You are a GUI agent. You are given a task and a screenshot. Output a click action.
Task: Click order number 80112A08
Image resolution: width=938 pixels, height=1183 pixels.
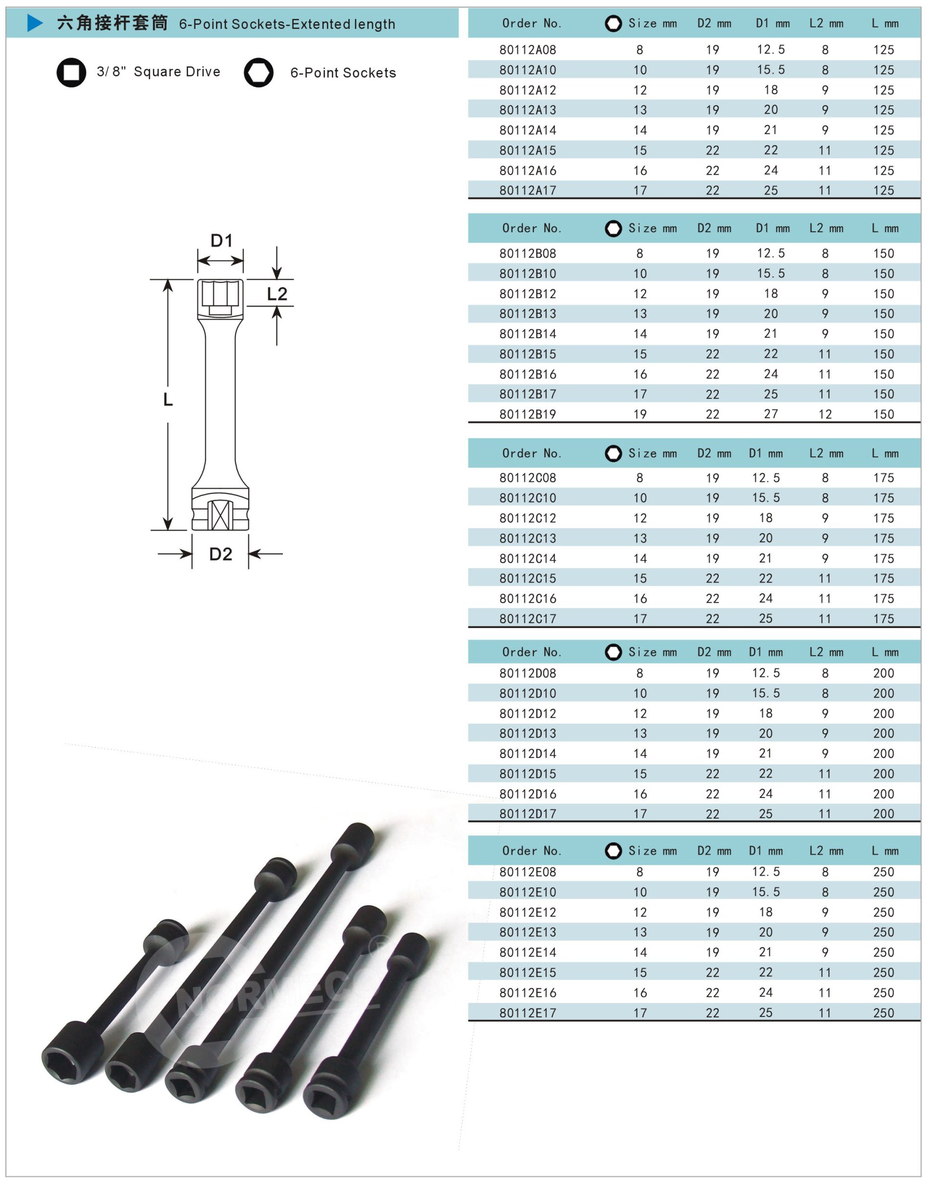coord(527,50)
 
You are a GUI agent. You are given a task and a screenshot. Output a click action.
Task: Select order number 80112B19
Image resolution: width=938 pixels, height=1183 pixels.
coord(527,414)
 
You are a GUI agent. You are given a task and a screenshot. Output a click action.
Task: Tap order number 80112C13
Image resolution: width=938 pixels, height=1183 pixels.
coord(527,538)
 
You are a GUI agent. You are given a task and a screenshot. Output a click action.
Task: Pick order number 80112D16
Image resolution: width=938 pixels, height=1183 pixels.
coord(527,794)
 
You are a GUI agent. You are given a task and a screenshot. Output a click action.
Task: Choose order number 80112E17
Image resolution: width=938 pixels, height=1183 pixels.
coord(527,1013)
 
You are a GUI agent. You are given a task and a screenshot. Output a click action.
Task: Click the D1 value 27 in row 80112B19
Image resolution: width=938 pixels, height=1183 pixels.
coord(771,414)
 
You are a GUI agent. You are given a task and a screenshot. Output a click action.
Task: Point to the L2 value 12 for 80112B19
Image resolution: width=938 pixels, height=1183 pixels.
coord(825,414)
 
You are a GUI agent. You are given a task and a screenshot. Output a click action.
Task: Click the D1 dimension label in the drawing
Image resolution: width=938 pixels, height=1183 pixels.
coord(222,240)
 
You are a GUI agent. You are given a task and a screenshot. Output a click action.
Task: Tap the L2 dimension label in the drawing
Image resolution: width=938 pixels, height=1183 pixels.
coord(277,294)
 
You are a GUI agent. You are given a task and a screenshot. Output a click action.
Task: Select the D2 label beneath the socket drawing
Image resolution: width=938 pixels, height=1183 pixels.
coord(220,554)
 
